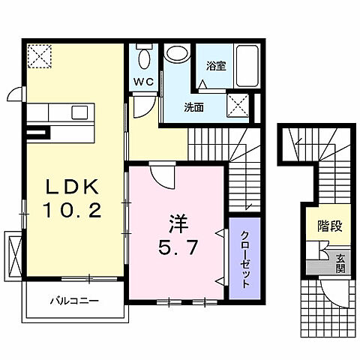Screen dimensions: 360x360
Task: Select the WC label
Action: (144, 82)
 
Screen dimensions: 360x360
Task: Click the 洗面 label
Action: (194, 106)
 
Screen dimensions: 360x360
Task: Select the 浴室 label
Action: (217, 66)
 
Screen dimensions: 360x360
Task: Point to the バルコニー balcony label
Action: (73, 301)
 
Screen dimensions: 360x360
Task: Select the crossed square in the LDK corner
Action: (37, 55)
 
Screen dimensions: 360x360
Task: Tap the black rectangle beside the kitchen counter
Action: (35, 134)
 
